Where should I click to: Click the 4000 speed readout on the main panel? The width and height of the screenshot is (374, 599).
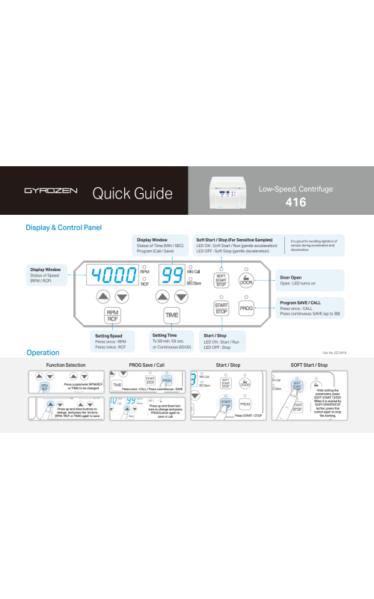tap(114, 275)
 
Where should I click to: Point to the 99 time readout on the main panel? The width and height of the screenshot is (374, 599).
tap(173, 275)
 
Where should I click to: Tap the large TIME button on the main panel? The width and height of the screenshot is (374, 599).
tap(172, 315)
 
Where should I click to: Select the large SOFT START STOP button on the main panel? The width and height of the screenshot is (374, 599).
tap(221, 280)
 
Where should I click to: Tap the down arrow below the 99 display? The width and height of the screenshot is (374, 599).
tap(181, 297)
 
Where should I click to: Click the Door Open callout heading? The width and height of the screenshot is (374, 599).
tap(292, 277)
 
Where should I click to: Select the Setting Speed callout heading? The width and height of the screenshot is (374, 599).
tap(110, 335)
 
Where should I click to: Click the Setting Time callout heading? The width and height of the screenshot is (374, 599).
tap(164, 335)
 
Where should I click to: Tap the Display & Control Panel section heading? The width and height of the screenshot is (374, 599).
tap(64, 227)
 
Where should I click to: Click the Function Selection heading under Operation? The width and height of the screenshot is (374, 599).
tap(66, 365)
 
